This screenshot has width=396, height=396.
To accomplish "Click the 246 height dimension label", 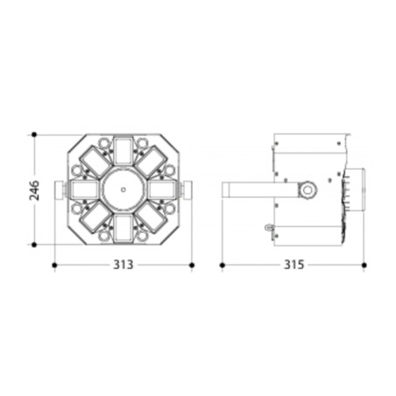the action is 34,190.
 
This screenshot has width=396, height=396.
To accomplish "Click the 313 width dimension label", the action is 123,265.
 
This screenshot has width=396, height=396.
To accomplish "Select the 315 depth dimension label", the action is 293,265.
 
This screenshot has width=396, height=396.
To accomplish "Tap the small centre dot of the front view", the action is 124,190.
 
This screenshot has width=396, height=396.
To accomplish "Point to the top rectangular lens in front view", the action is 123,151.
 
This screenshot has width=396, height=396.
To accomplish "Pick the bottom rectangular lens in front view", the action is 123,229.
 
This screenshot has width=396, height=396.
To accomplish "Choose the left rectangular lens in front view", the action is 84,190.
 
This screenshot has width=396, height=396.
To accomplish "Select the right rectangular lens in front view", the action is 162,190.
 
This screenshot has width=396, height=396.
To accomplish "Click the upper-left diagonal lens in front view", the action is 95,162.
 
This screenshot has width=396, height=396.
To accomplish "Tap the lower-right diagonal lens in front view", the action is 151,217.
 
